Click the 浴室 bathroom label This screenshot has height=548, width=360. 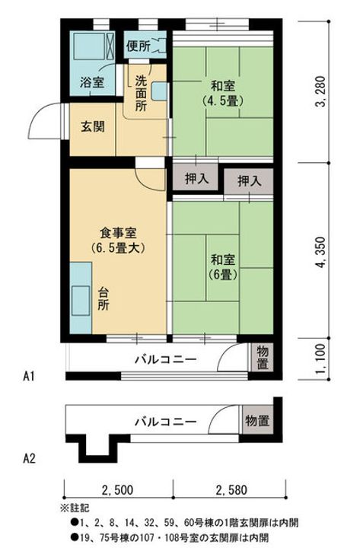point(92,82)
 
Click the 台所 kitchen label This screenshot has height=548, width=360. point(103,297)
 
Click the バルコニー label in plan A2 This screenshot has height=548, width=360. point(165,420)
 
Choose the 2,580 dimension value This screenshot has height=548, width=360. point(229,489)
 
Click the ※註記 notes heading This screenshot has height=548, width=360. point(74,506)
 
